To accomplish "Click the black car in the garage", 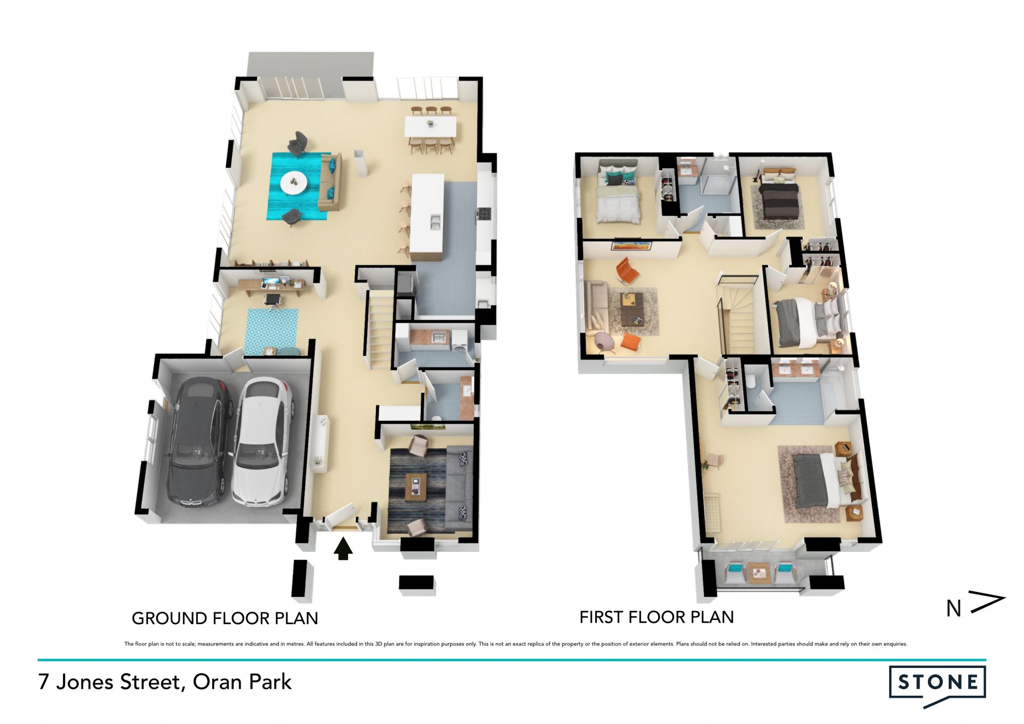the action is click(x=199, y=441).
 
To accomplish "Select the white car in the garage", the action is click(x=262, y=441).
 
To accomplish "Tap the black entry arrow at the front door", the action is click(x=343, y=548).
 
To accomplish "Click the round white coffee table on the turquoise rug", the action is click(x=293, y=182).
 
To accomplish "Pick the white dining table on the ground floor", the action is click(x=431, y=127).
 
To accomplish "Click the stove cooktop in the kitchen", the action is click(x=484, y=213).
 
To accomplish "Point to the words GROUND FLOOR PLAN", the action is click(x=225, y=618).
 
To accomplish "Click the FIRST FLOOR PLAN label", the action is click(x=657, y=617).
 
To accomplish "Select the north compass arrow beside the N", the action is click(x=987, y=601).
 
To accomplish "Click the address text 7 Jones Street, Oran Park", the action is click(x=165, y=682).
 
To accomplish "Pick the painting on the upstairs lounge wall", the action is click(x=631, y=245).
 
